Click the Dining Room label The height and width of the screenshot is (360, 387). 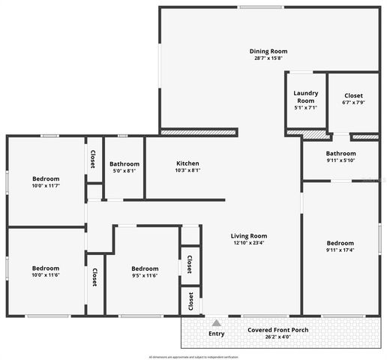pos(268,51)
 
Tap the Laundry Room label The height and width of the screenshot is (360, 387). pos(305,97)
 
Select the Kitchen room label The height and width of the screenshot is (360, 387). pos(187,163)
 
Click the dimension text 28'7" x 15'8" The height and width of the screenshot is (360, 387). pos(268,58)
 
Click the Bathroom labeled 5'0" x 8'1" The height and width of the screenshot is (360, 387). pos(124,163)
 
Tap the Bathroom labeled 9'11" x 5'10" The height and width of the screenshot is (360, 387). pos(340,153)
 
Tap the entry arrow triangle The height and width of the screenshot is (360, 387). pos(216,322)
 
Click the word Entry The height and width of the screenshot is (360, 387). pos(216,334)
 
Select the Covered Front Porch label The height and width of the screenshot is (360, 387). pos(280,329)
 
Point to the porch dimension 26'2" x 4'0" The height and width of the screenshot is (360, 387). pos(280,337)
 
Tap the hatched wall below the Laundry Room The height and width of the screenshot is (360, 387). pos(315,136)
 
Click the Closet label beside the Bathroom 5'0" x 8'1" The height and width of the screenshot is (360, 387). pos(93,160)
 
